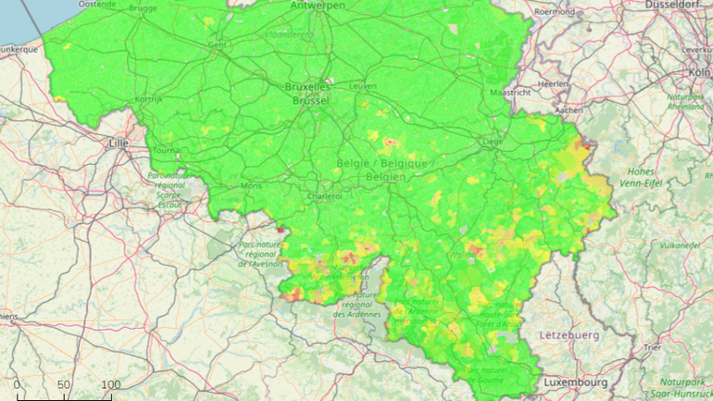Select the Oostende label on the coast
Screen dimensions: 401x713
click(x=97, y=5)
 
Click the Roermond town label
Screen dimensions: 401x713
click(x=555, y=12)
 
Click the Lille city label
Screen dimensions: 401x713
click(x=119, y=144)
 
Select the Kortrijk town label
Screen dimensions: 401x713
click(x=147, y=98)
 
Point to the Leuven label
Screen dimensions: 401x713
click(x=363, y=86)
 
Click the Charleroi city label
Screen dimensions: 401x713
click(x=325, y=196)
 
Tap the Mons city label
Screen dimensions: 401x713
click(x=251, y=185)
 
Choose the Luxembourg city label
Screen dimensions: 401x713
click(x=574, y=382)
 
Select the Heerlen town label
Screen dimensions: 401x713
click(x=554, y=83)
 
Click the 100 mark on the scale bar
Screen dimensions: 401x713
click(x=110, y=384)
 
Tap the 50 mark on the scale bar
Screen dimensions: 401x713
click(x=64, y=384)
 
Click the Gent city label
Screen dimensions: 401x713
click(x=219, y=44)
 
